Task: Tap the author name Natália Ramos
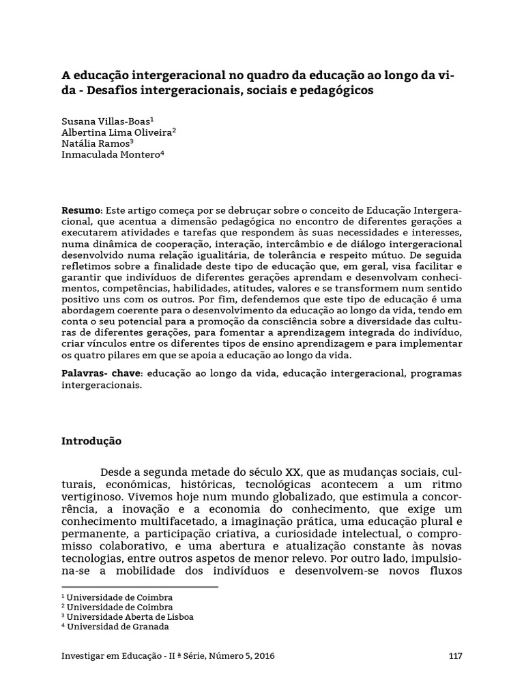(96, 143)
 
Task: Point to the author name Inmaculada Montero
(111, 155)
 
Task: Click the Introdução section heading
(91, 441)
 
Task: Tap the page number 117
(456, 656)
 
